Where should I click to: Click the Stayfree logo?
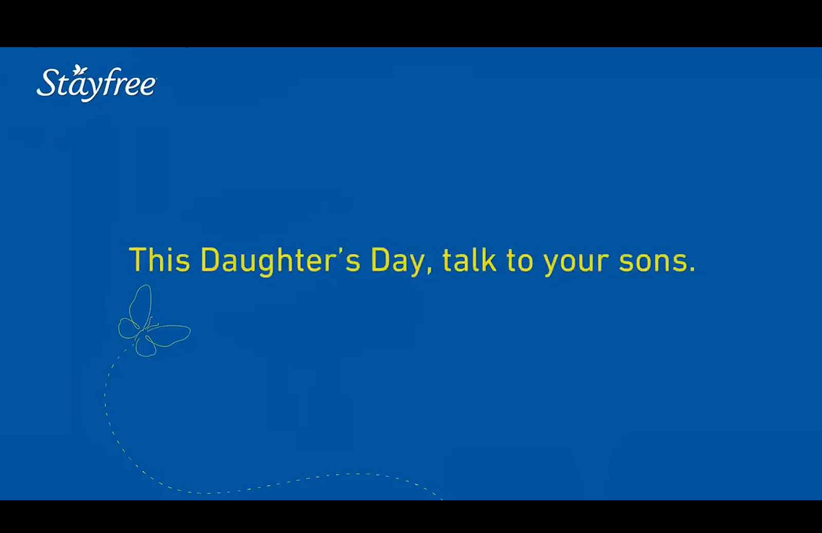97,83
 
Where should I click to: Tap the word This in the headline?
160,260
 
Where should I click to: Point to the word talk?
470,260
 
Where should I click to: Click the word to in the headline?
519,261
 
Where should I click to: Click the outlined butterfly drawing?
154,321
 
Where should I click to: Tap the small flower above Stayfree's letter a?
79,70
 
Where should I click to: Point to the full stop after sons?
692,269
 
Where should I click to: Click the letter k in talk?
489,260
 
